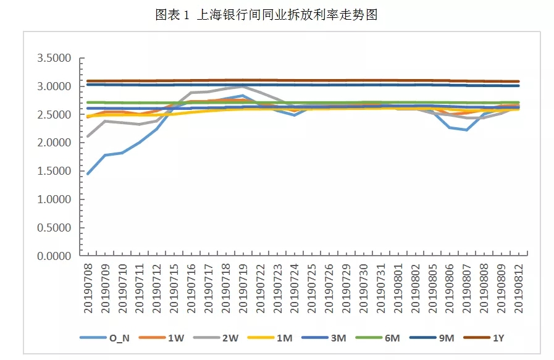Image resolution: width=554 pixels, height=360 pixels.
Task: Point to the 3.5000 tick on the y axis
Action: (54, 59)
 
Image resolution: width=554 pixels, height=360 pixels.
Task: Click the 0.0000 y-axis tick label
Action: (54, 256)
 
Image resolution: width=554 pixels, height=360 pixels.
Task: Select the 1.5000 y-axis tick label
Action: (54, 171)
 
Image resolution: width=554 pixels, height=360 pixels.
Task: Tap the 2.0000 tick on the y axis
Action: (54, 143)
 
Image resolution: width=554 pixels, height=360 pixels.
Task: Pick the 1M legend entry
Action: (274, 338)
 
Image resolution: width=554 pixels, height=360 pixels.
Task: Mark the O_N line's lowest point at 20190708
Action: (88, 174)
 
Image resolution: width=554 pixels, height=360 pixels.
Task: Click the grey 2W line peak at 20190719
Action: (243, 87)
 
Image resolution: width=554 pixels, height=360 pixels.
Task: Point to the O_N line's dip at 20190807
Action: (467, 130)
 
